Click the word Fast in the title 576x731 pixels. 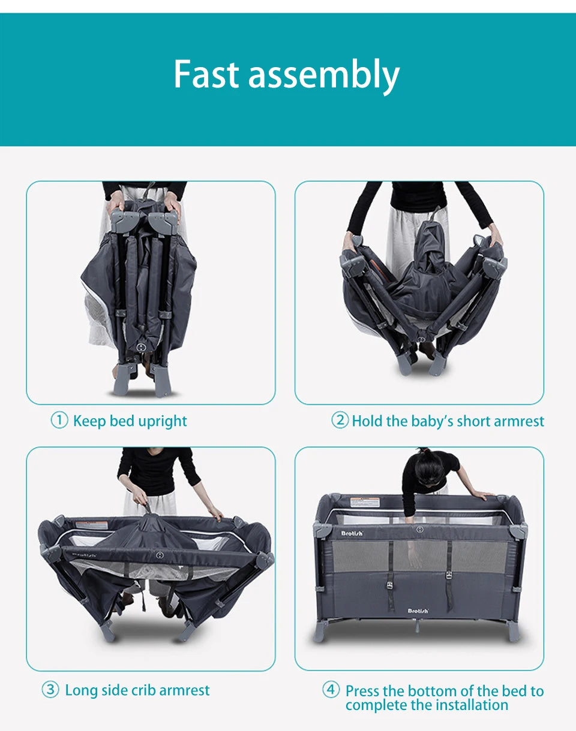[206, 74]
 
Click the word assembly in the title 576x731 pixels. [323, 77]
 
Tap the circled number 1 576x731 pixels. [59, 420]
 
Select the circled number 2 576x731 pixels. [340, 420]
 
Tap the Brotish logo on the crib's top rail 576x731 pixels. [352, 533]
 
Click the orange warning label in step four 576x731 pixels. [365, 502]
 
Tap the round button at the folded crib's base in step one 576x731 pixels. [141, 347]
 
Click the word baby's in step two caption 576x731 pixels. [433, 421]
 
